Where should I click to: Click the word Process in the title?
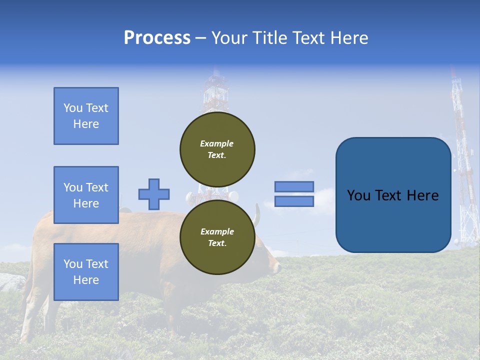pos(157,38)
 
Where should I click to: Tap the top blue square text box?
pos(86,116)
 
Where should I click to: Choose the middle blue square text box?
pos(86,195)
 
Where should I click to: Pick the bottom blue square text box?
pos(86,271)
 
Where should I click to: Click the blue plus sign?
pos(154,194)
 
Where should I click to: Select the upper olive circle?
pos(217,149)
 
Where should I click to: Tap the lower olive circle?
pos(217,237)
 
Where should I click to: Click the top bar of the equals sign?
pos(294,186)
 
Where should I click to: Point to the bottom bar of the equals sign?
pos(294,201)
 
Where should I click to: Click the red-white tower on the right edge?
pos(463,165)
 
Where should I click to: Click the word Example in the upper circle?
pos(216,143)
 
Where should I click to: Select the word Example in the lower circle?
pos(217,231)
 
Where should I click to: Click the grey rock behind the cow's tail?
pos(11,282)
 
